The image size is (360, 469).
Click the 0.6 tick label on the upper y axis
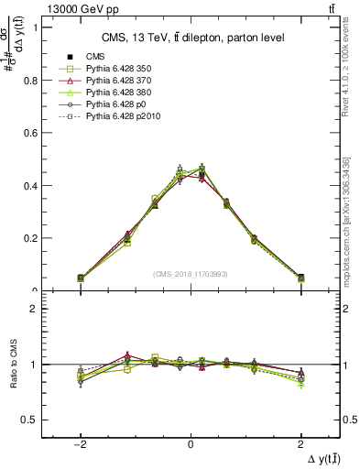(x=30, y=133)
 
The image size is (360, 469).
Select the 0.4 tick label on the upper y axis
(x=30, y=185)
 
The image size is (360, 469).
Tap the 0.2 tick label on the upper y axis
(x=30, y=238)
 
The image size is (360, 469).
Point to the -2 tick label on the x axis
(x=81, y=443)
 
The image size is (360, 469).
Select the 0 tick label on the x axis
(x=191, y=443)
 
